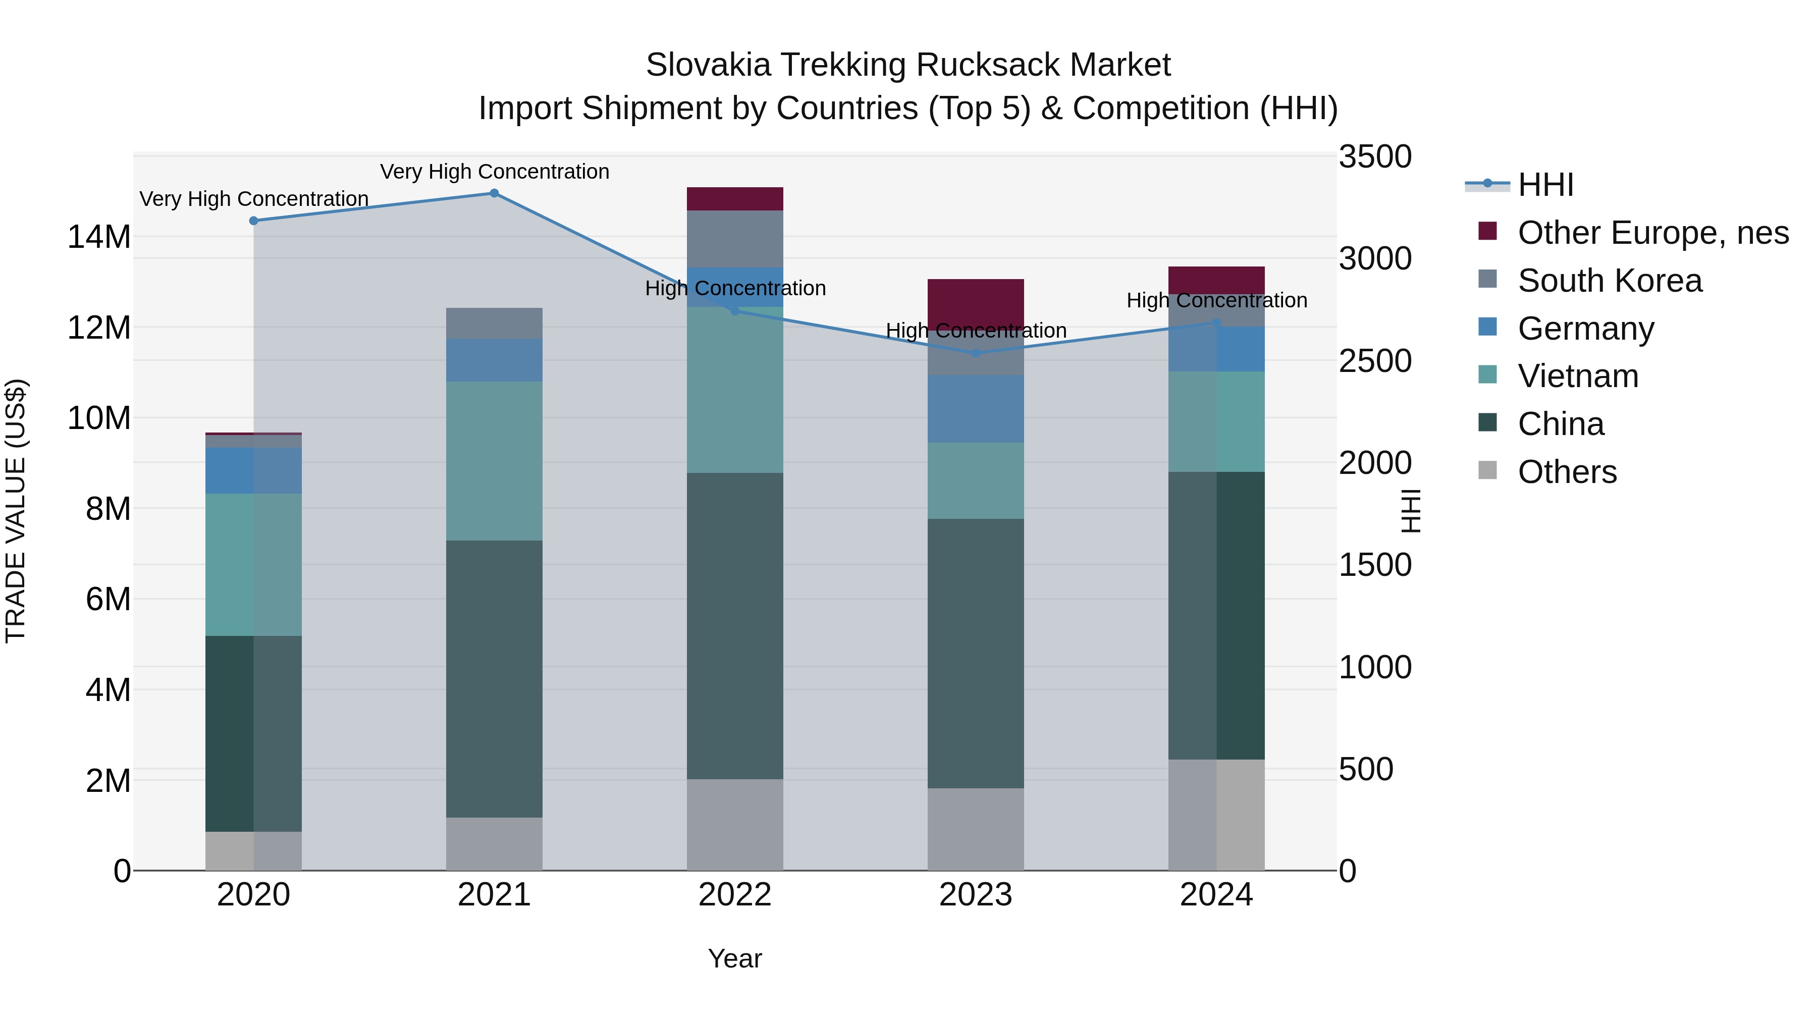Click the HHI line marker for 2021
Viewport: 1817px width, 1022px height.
click(495, 193)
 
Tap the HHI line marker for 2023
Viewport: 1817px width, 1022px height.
click(976, 353)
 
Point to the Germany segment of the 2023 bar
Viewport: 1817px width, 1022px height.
click(976, 409)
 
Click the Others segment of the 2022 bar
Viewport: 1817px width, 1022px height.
click(735, 825)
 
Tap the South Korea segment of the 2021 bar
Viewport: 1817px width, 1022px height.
click(495, 323)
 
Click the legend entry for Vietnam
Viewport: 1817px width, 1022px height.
click(1578, 376)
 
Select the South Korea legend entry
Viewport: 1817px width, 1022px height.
click(1610, 281)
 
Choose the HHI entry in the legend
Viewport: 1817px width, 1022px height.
click(1545, 185)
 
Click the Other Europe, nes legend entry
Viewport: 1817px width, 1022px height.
click(1652, 233)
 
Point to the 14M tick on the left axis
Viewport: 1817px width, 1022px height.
click(99, 237)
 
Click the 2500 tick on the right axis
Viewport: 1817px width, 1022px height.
click(1375, 361)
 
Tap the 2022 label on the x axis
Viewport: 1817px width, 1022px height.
click(735, 895)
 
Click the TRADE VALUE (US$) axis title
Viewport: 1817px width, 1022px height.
click(16, 511)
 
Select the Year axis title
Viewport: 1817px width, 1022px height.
click(735, 958)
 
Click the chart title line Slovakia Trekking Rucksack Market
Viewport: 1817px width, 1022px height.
click(908, 65)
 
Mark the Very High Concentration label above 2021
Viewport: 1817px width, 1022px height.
click(495, 172)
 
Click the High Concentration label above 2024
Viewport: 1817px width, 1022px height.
click(1217, 300)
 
